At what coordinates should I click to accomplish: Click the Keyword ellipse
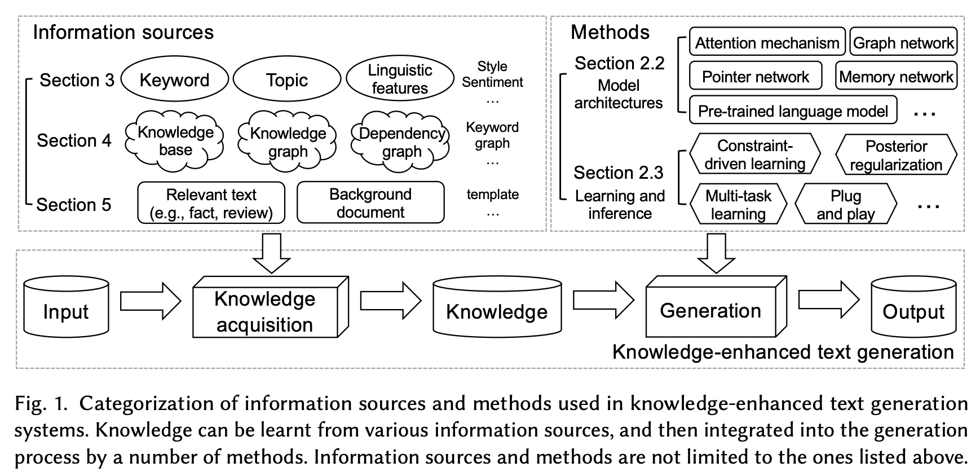coord(174,80)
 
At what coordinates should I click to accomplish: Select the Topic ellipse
coord(286,80)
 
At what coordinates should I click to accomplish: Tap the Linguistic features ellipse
coord(399,79)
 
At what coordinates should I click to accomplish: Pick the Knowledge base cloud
coord(175,141)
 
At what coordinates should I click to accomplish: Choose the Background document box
coord(370,203)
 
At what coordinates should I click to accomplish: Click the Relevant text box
coord(211,203)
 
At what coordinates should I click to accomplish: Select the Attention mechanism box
coord(767,43)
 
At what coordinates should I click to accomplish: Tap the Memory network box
coord(895,77)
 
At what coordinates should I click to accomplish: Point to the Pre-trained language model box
coord(792,111)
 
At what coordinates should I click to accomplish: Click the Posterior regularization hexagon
coord(895,155)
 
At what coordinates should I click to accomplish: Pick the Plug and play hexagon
coord(845,205)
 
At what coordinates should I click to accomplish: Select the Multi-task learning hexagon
coord(738,205)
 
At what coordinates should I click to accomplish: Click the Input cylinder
coord(66,307)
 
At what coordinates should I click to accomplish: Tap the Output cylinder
coord(913,307)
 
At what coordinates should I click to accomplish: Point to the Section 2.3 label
coord(618,173)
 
